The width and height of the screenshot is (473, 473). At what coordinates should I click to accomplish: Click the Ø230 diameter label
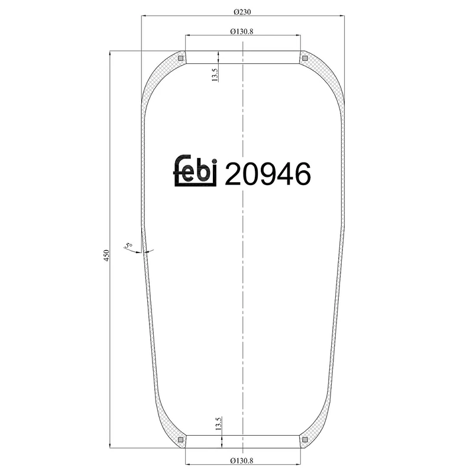[x=243, y=11]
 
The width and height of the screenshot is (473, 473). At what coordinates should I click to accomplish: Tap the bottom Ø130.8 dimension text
[x=243, y=460]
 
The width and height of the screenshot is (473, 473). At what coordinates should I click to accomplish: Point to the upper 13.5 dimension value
[x=215, y=75]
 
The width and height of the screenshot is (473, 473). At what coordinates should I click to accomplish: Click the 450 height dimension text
[x=107, y=255]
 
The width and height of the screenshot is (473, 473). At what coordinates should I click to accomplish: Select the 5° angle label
[x=128, y=245]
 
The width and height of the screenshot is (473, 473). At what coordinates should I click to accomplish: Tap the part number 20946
[x=268, y=174]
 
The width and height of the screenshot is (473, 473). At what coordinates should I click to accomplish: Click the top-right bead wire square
[x=305, y=57]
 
